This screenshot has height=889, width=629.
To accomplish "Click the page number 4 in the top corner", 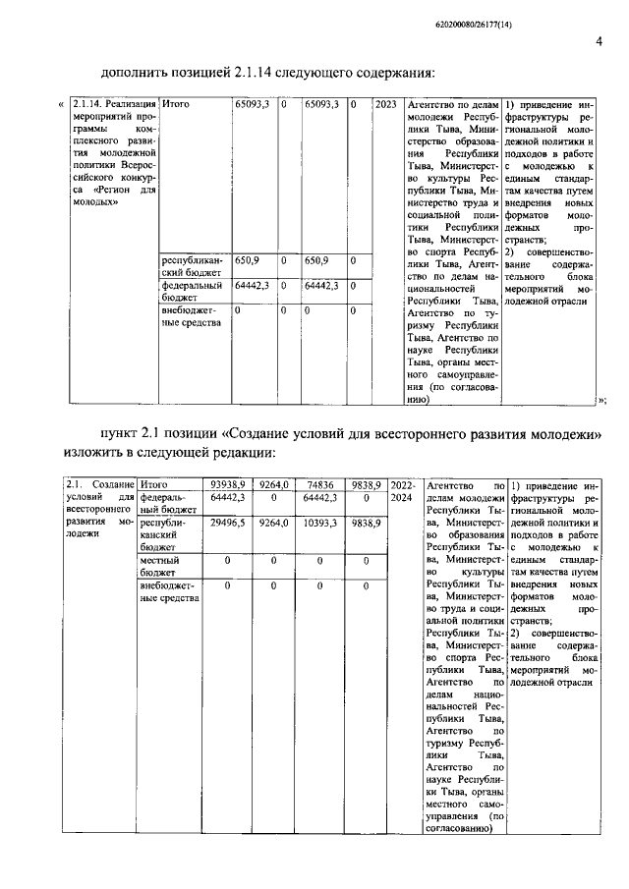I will click(x=598, y=41).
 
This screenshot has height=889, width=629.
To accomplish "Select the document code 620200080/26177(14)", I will click(x=555, y=12).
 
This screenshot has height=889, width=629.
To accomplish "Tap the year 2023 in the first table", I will click(x=386, y=102).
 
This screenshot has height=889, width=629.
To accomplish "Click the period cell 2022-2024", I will click(x=403, y=491).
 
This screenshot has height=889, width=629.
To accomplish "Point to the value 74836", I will click(x=319, y=484).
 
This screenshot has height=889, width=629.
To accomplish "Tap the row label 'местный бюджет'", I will click(x=163, y=565).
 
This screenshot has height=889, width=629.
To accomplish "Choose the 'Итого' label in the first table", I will click(x=175, y=102).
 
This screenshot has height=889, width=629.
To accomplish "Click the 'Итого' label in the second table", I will click(x=154, y=484).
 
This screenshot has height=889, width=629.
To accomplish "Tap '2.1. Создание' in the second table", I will click(x=97, y=484).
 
